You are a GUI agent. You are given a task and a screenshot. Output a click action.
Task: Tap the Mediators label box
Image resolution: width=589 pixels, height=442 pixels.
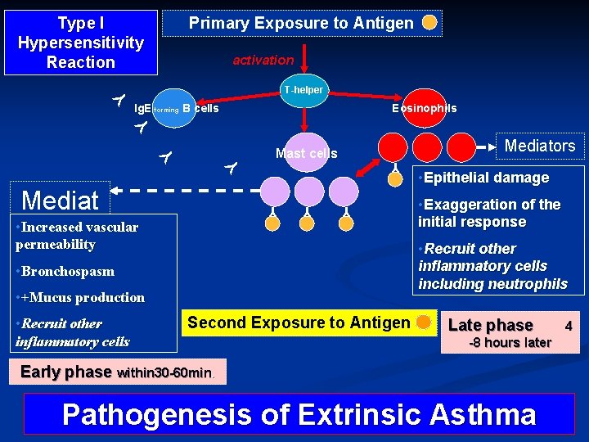point(540,146)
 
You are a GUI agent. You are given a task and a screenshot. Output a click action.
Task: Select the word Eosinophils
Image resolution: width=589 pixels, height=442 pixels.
point(424,108)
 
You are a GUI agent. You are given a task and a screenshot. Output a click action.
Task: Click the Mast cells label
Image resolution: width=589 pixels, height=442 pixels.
point(306,153)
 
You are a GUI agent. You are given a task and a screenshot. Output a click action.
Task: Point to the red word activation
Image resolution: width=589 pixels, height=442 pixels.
point(263,60)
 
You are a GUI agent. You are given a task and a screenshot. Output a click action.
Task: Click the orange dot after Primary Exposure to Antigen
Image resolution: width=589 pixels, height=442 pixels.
point(429,23)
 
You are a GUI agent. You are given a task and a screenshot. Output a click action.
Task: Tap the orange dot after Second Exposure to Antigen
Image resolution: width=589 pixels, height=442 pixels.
point(423,322)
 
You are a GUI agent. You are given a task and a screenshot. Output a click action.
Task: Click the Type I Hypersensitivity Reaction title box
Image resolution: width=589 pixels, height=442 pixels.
point(80,43)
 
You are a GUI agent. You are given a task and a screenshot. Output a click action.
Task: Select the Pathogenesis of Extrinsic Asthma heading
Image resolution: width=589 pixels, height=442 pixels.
point(299,415)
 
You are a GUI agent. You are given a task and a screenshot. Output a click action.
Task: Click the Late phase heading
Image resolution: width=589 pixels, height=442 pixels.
point(490,325)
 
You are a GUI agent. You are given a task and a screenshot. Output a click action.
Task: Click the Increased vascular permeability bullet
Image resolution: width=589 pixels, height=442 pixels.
point(77,236)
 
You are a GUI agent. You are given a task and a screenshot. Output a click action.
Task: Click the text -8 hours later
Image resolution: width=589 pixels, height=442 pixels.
point(509,342)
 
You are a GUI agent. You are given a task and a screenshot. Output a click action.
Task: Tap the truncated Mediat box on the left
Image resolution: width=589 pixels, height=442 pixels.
point(61,200)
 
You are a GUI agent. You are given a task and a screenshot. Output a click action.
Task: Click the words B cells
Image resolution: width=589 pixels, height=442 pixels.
point(200,108)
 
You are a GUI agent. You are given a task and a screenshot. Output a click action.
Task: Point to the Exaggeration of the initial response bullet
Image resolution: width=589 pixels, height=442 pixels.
point(489,213)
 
